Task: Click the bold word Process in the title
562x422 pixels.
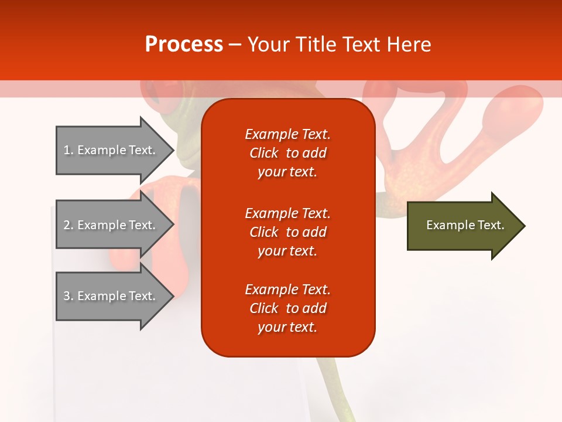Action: pos(184,45)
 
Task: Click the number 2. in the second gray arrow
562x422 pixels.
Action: pos(68,225)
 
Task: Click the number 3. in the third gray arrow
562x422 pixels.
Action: pos(68,296)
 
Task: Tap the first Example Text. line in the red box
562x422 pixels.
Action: pos(287,134)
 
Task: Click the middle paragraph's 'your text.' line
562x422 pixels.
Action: pos(287,251)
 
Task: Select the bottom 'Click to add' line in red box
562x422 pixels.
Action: pos(287,308)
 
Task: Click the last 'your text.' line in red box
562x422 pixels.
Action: pos(287,327)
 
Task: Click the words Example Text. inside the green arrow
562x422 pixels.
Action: pos(465,225)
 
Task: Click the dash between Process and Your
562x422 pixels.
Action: pos(235,45)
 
